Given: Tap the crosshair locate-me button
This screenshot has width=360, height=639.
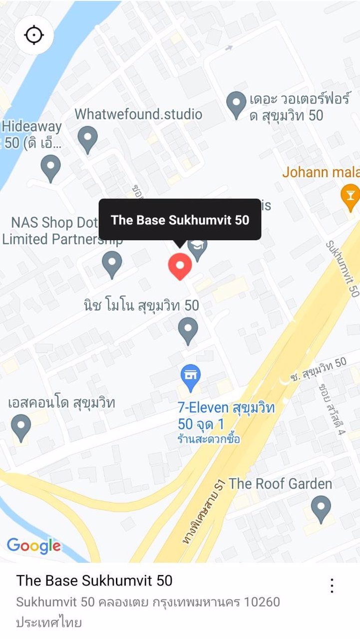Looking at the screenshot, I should (x=34, y=35).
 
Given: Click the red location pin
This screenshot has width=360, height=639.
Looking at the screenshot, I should (x=180, y=266).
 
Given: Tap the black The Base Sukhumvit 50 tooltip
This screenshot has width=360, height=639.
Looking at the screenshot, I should (x=180, y=220).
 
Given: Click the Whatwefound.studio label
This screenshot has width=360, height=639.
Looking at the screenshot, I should (x=138, y=114).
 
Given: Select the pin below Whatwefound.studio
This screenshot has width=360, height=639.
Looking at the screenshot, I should (x=88, y=139).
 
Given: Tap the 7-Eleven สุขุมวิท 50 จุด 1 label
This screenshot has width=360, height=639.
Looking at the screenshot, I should (x=226, y=416).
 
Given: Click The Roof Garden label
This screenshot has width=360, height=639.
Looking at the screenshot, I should (x=280, y=483).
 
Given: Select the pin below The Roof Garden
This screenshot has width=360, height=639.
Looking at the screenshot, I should (x=321, y=508).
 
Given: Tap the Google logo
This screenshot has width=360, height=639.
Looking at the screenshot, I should (x=34, y=546).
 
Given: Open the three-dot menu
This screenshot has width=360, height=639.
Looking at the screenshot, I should (x=332, y=586).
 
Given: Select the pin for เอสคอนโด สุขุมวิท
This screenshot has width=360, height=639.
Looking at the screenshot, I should (x=21, y=427).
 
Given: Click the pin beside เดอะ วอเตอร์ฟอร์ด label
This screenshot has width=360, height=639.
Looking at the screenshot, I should (x=237, y=104).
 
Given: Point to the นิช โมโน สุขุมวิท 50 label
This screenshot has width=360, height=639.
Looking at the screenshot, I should (x=141, y=305).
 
